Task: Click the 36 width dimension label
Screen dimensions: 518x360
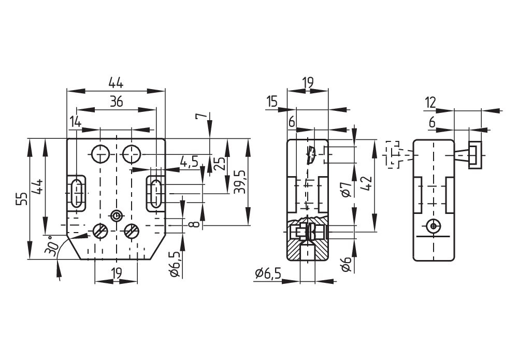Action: click(116, 102)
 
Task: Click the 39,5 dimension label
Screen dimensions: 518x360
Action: click(239, 182)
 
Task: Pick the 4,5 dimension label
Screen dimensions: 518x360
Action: click(189, 162)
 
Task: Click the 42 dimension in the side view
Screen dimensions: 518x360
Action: click(367, 184)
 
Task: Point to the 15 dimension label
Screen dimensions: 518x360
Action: click(272, 102)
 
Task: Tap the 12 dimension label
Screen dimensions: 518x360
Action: click(431, 103)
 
